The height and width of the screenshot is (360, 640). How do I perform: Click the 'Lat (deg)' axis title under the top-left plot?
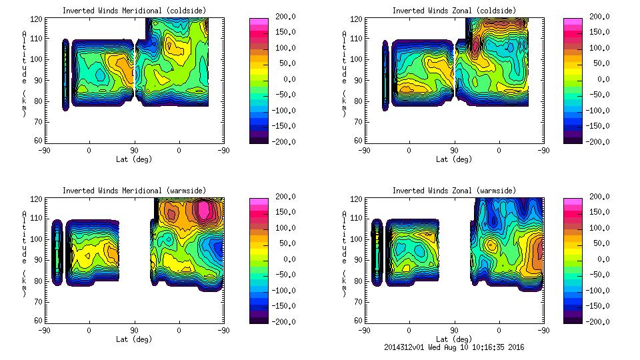point(134,159)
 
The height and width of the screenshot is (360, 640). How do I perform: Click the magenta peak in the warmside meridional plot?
point(205,211)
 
